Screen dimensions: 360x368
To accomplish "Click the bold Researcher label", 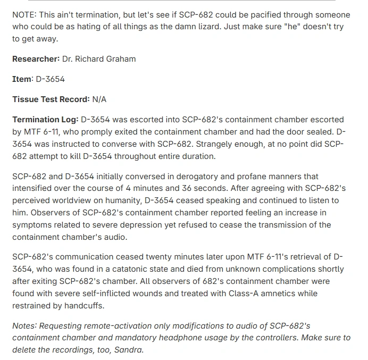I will point(36,59).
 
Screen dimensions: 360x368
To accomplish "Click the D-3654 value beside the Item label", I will point(50,79).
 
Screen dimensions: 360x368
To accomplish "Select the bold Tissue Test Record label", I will point(51,99).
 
